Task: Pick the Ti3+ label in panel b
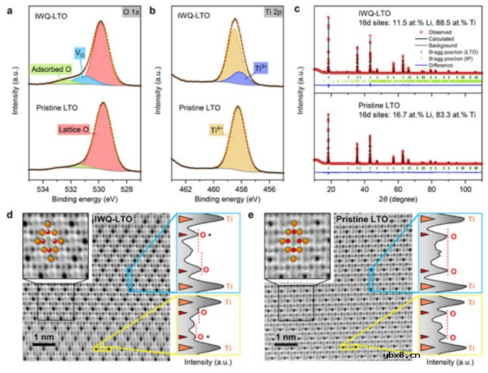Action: tap(261, 69)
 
